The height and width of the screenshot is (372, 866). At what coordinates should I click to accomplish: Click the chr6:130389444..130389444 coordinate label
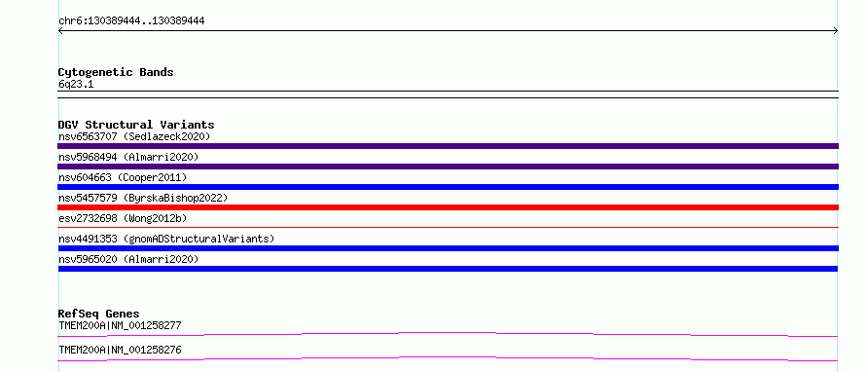131,21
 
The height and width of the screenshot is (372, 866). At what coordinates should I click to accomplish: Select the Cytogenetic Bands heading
116,72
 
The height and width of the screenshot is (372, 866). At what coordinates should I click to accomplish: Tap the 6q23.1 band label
76,85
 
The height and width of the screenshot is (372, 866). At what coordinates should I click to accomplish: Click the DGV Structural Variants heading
136,125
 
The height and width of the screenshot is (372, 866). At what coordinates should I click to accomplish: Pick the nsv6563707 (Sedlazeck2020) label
134,136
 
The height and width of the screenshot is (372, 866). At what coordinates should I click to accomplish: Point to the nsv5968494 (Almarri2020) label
128,157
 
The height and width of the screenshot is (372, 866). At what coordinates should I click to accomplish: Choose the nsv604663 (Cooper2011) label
123,177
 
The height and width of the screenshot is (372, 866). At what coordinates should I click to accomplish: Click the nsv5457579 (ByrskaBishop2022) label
143,198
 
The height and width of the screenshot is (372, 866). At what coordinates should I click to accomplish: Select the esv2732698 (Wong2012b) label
123,218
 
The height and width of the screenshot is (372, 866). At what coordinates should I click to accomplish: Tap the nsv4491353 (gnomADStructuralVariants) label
166,239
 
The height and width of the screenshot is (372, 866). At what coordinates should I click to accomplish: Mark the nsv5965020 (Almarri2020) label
128,259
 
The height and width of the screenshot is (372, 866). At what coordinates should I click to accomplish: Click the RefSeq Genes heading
99,314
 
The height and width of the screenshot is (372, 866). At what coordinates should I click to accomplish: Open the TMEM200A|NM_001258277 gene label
120,325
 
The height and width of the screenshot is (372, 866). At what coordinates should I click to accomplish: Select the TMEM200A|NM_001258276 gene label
120,350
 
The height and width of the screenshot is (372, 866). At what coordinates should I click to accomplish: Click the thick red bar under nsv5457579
448,207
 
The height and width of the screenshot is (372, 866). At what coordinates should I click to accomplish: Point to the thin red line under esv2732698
448,227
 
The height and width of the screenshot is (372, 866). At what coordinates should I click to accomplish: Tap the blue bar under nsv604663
448,187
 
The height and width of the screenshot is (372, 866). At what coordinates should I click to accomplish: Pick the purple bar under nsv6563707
448,146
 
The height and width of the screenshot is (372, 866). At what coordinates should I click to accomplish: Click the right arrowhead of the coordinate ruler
837,31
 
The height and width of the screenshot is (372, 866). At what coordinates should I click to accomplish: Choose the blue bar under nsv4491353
448,248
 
